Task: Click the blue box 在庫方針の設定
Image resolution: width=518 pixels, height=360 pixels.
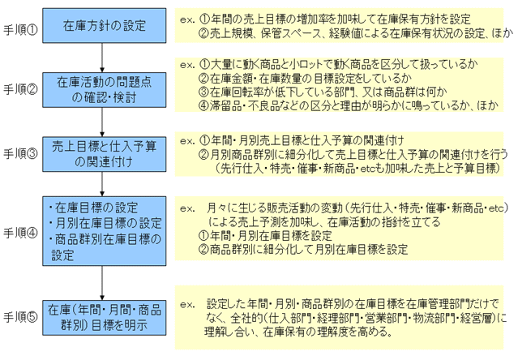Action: tap(104, 25)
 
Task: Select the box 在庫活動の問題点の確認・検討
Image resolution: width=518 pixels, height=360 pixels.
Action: tap(104, 90)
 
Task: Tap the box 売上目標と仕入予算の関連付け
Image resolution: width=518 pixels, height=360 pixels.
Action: tap(104, 154)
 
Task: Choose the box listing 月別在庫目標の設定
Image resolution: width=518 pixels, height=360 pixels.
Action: tap(104, 231)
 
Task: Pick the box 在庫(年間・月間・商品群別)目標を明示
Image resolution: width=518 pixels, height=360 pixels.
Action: tap(104, 318)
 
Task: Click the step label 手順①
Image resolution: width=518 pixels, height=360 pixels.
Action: tap(20, 30)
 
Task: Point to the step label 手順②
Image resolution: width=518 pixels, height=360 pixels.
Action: tap(20, 89)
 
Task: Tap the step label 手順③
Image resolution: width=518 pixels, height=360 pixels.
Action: tap(20, 153)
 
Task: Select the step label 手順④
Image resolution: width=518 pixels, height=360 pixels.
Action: tap(20, 233)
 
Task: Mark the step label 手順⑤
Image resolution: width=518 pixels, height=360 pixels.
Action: tap(20, 317)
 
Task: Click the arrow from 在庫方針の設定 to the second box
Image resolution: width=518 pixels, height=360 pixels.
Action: tap(102, 58)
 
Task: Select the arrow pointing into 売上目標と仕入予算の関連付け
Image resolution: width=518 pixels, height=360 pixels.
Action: tap(102, 122)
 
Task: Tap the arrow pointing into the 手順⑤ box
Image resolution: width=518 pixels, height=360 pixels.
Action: tap(102, 283)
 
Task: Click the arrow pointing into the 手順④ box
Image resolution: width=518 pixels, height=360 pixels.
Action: tap(102, 184)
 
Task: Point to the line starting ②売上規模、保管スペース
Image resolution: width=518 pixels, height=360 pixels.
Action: tap(356, 33)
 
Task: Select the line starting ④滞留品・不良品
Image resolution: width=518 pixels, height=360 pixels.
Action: tap(349, 105)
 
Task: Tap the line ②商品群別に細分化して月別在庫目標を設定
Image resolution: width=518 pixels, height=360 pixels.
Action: tap(303, 249)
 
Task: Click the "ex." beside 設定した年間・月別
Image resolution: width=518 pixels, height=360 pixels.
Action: tap(187, 304)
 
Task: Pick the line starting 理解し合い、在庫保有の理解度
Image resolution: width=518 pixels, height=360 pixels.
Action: tap(298, 332)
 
